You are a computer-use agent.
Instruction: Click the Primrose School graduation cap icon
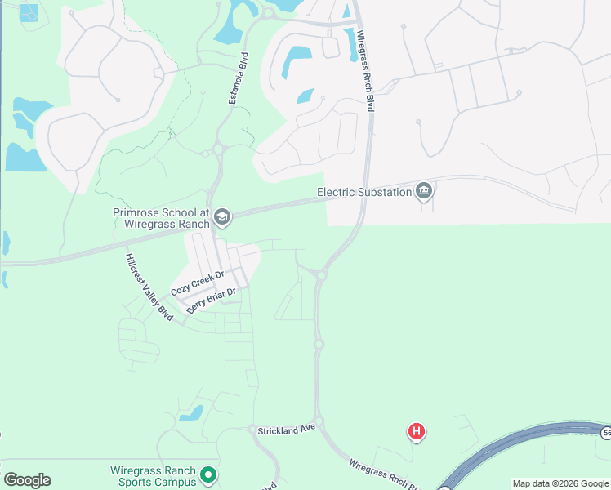222,217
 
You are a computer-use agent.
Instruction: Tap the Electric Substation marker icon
423,192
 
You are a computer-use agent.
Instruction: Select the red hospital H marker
417,431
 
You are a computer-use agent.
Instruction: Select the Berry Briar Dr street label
211,300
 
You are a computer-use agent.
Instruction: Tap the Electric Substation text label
364,193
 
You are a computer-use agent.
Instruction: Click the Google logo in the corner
27,480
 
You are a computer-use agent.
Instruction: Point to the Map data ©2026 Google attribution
561,483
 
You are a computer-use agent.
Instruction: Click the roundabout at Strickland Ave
317,422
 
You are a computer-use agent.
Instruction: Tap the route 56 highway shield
604,431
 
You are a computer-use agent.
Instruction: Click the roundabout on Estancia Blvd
218,149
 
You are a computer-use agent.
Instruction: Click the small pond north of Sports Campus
191,414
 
